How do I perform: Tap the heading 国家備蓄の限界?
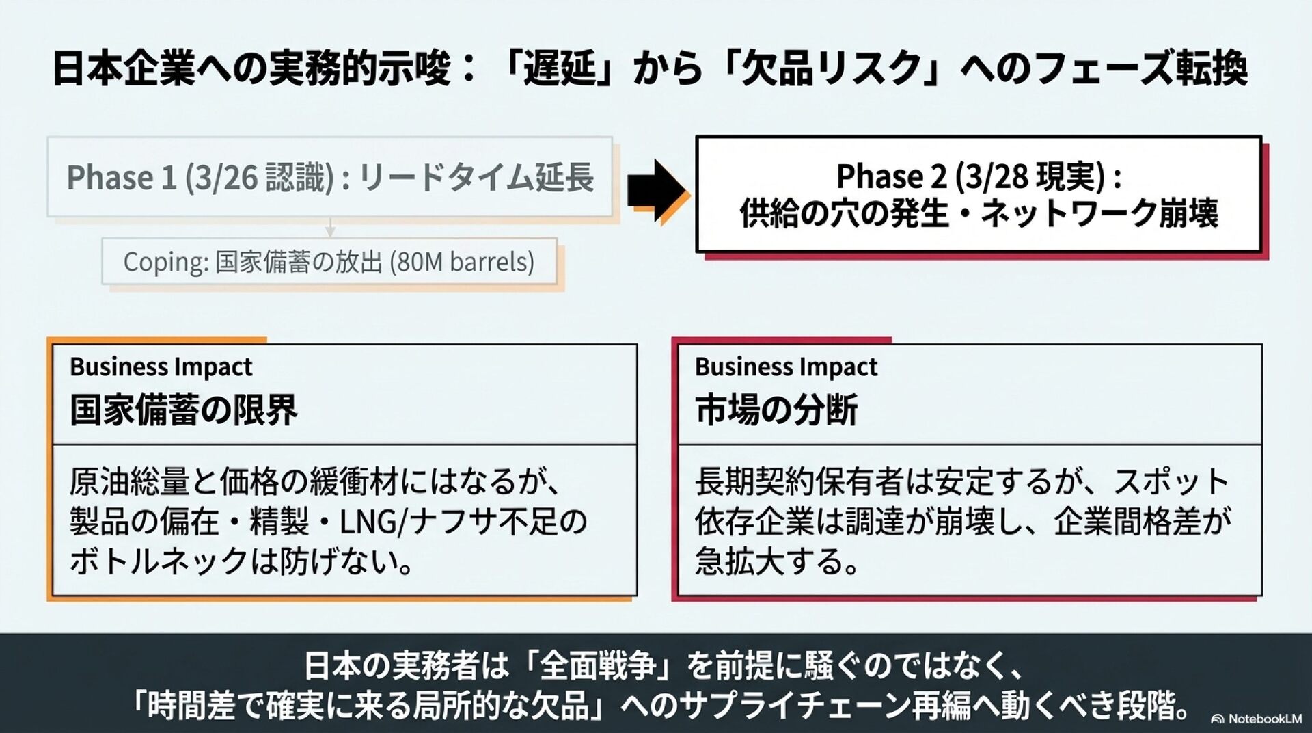(x=184, y=410)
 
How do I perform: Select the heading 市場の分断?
(x=776, y=410)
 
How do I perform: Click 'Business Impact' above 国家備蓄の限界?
(x=161, y=367)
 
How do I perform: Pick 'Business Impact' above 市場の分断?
(x=786, y=367)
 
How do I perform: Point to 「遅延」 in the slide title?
(x=560, y=68)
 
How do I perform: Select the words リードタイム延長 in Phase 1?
(x=476, y=178)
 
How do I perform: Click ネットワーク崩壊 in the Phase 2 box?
(x=1099, y=213)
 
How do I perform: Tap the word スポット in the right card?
(x=1171, y=482)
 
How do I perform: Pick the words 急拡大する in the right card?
(x=769, y=562)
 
